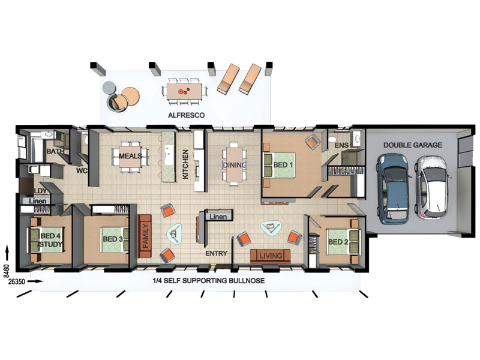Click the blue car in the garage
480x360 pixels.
click(x=393, y=189)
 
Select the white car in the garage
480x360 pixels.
click(x=433, y=187)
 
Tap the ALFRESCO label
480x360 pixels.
click(x=186, y=115)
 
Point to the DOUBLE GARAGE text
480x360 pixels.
click(x=413, y=145)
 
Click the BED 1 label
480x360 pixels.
click(x=283, y=165)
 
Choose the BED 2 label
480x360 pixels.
click(x=338, y=242)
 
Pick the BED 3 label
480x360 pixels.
click(x=113, y=239)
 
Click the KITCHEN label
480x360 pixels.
click(x=185, y=164)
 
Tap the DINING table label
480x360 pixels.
click(x=235, y=166)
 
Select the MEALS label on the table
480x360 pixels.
click(x=130, y=156)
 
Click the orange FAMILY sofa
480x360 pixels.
click(x=144, y=236)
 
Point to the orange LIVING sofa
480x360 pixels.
click(x=271, y=256)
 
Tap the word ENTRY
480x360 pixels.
click(x=216, y=253)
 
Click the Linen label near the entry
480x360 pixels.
click(x=218, y=217)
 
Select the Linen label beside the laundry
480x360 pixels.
click(x=38, y=201)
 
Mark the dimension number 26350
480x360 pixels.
click(x=17, y=281)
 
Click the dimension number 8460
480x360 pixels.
click(x=7, y=271)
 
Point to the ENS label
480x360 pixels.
click(x=341, y=145)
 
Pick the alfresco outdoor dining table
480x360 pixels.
click(x=184, y=91)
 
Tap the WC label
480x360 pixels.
click(x=82, y=171)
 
